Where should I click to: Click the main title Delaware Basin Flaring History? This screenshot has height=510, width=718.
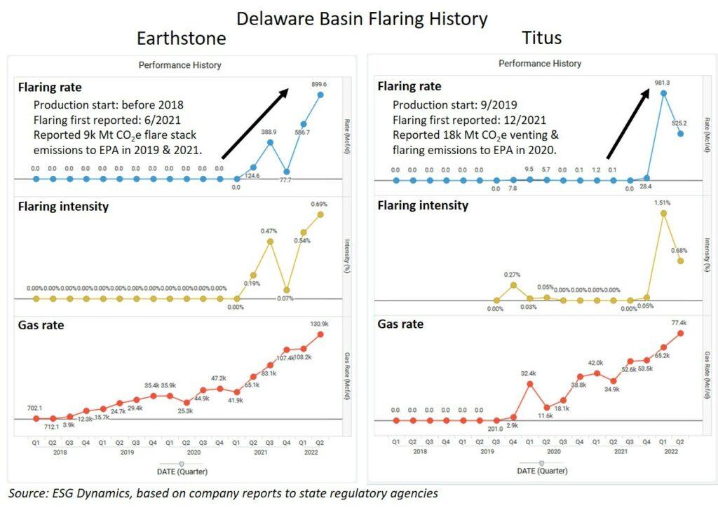[361, 18]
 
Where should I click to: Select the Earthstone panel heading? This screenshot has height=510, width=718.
[181, 38]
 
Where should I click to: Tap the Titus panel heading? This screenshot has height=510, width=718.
[541, 38]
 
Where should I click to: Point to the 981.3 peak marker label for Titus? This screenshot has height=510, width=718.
[663, 82]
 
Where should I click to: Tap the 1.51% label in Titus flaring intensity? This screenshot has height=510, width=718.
[663, 203]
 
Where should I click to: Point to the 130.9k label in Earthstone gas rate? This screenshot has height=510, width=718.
[320, 323]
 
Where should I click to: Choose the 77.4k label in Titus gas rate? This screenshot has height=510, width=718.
[680, 323]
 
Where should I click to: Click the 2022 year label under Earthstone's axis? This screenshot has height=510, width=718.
[312, 453]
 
